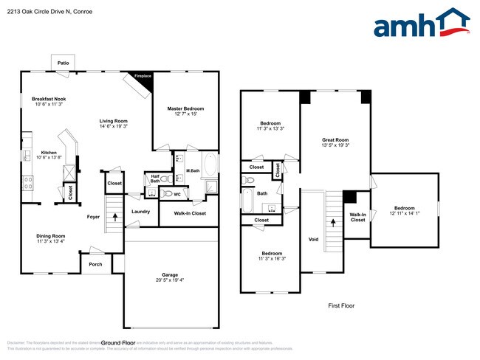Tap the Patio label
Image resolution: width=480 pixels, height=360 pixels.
(64, 63)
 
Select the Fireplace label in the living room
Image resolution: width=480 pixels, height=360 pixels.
(142, 76)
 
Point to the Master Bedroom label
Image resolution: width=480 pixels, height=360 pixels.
(185, 108)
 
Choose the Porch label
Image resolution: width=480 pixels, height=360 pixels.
(95, 263)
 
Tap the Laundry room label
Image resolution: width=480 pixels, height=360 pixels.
(141, 212)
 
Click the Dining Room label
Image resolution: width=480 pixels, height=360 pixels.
(51, 236)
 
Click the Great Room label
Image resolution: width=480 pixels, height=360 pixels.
(335, 139)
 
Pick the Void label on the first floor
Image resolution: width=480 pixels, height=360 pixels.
(313, 239)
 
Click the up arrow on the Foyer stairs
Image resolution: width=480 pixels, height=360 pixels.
(114, 217)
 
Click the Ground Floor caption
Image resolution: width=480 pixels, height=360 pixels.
(117, 343)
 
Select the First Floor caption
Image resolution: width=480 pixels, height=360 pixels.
(342, 305)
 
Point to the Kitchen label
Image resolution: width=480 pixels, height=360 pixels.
(48, 153)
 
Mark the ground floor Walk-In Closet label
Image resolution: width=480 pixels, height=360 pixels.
(189, 213)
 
